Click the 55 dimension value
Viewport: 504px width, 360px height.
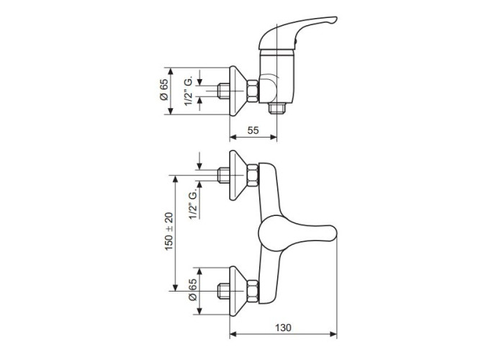click(x=253, y=130)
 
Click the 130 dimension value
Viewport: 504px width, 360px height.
click(x=283, y=328)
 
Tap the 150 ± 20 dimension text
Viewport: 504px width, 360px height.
click(x=169, y=231)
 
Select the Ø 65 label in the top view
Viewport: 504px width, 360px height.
click(x=164, y=90)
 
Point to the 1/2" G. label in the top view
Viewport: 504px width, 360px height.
click(x=189, y=91)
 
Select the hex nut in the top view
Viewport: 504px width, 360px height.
click(x=252, y=91)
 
